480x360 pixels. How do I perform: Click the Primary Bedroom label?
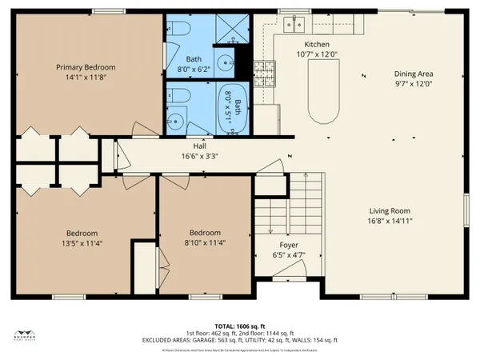coord(85,67)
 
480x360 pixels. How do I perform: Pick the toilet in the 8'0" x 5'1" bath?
coord(178,97)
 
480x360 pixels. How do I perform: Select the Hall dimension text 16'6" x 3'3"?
coord(199,156)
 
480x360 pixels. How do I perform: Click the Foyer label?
coord(289,246)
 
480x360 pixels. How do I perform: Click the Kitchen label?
coord(316,45)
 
